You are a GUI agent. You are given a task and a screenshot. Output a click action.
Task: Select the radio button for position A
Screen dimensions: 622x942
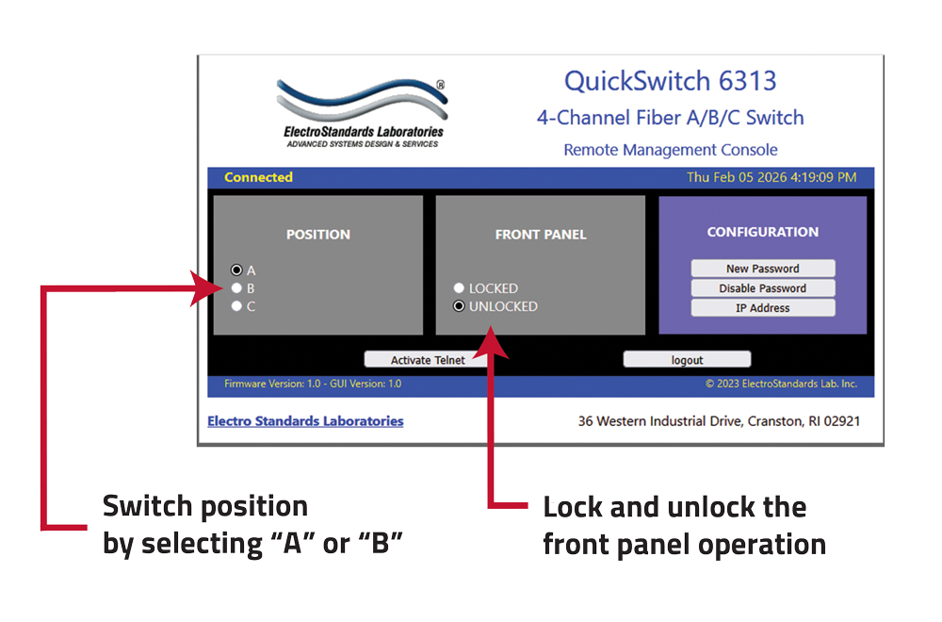click(x=236, y=270)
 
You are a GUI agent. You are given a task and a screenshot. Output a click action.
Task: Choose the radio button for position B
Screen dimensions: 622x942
click(x=236, y=288)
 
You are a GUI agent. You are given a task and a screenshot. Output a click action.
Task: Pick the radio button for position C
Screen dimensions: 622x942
click(x=236, y=306)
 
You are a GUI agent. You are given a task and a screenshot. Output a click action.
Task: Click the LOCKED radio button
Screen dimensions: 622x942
click(x=459, y=288)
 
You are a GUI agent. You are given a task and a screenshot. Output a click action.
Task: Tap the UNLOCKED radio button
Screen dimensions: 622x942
click(x=459, y=306)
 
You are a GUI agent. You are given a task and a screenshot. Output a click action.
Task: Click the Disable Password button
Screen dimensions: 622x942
click(x=762, y=288)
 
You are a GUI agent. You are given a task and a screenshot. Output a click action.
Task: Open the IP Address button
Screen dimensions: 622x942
click(x=762, y=308)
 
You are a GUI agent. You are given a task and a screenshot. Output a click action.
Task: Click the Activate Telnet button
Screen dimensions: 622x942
click(x=429, y=360)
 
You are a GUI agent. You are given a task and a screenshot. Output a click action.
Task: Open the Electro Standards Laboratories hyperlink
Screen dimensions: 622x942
click(x=305, y=421)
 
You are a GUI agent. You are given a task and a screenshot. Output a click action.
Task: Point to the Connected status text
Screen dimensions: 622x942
click(x=258, y=177)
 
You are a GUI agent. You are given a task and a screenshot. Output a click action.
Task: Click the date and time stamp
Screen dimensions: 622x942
click(x=771, y=177)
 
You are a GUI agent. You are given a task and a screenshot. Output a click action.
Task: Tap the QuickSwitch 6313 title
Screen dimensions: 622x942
click(x=670, y=81)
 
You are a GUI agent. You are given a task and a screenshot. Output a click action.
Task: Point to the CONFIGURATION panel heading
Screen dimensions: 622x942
click(x=762, y=232)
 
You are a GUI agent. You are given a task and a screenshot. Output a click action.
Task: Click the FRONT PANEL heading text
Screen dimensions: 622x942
click(x=540, y=235)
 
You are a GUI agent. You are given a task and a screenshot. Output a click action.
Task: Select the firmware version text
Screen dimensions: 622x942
click(x=313, y=384)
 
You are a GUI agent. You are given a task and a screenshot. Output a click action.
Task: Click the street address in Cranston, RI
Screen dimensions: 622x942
click(x=718, y=421)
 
